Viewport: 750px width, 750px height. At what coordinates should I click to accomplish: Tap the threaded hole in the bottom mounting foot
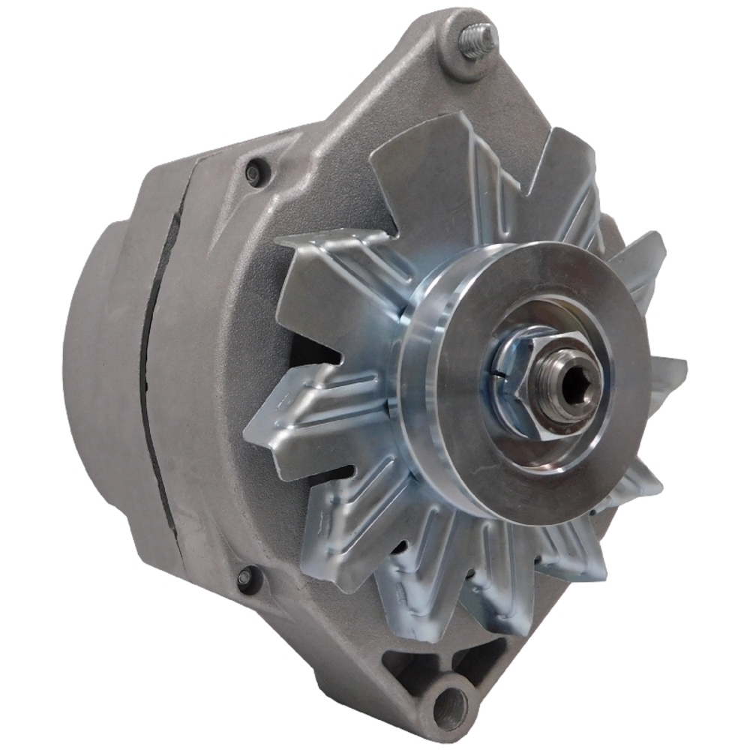pyautogui.click(x=451, y=706)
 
